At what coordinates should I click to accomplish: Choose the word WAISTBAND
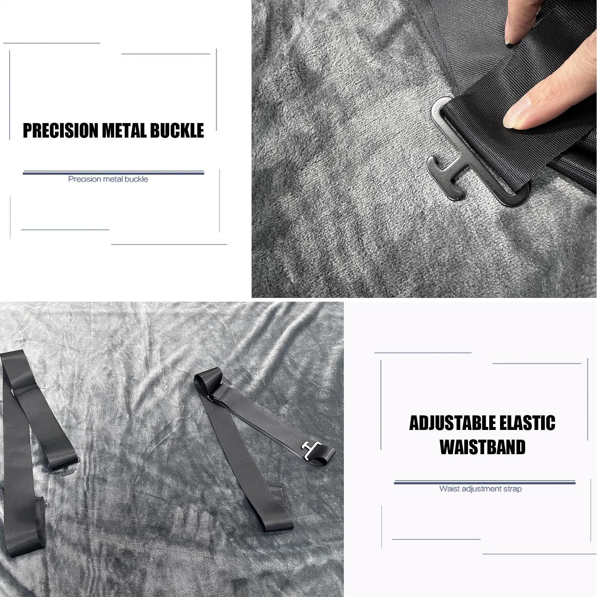coord(483,447)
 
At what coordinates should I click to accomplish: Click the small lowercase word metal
coord(113,179)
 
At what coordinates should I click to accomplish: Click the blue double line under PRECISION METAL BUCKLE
coord(113,173)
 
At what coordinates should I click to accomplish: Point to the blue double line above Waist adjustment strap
coord(485,482)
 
